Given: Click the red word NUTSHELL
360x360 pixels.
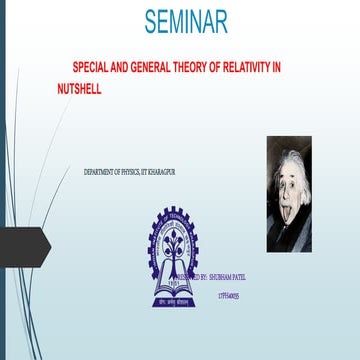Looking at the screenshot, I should tap(80, 88).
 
